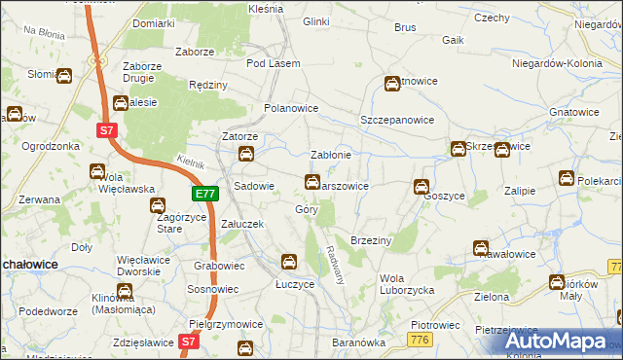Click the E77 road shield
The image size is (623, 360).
click(x=204, y=195)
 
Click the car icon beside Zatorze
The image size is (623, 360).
click(x=247, y=155)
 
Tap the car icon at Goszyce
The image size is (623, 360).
click(x=421, y=187)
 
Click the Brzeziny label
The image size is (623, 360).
click(x=370, y=240)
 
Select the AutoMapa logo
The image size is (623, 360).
click(x=555, y=341)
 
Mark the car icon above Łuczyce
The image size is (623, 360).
click(x=289, y=261)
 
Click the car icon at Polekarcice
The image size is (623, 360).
click(x=567, y=178)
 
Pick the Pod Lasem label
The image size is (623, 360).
click(x=271, y=63)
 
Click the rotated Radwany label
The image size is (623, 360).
click(x=339, y=263)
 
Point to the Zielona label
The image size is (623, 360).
click(x=493, y=296)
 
